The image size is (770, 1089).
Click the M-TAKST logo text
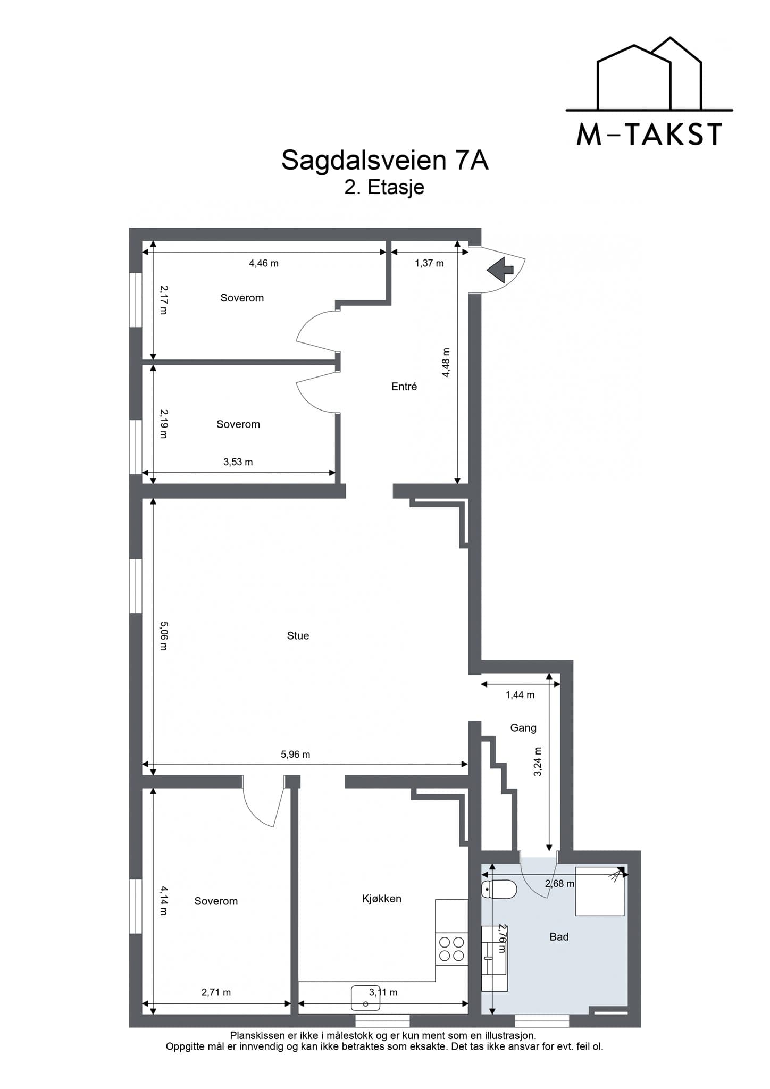pos(649,135)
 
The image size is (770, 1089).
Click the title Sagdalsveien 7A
pos(384,160)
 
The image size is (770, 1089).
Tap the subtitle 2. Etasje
pos(384,187)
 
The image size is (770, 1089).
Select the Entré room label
pos(404,387)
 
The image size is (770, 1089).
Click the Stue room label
pos(298,636)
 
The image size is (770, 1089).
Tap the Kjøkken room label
pos(382,899)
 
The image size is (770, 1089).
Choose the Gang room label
pos(523,728)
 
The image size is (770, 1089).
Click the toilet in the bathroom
pos(499,889)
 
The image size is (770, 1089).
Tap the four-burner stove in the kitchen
pos(451,949)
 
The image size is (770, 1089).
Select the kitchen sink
pos(366,998)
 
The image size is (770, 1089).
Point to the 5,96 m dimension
pos(296,755)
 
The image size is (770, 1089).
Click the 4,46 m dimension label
pos(264,263)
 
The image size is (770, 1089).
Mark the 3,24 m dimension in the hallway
pos(538,762)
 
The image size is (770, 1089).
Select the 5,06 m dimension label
pos(163,636)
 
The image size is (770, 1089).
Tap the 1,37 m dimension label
pos(429,263)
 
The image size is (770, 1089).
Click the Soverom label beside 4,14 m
pos(216,901)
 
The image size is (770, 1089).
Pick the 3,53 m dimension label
pos(238,462)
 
